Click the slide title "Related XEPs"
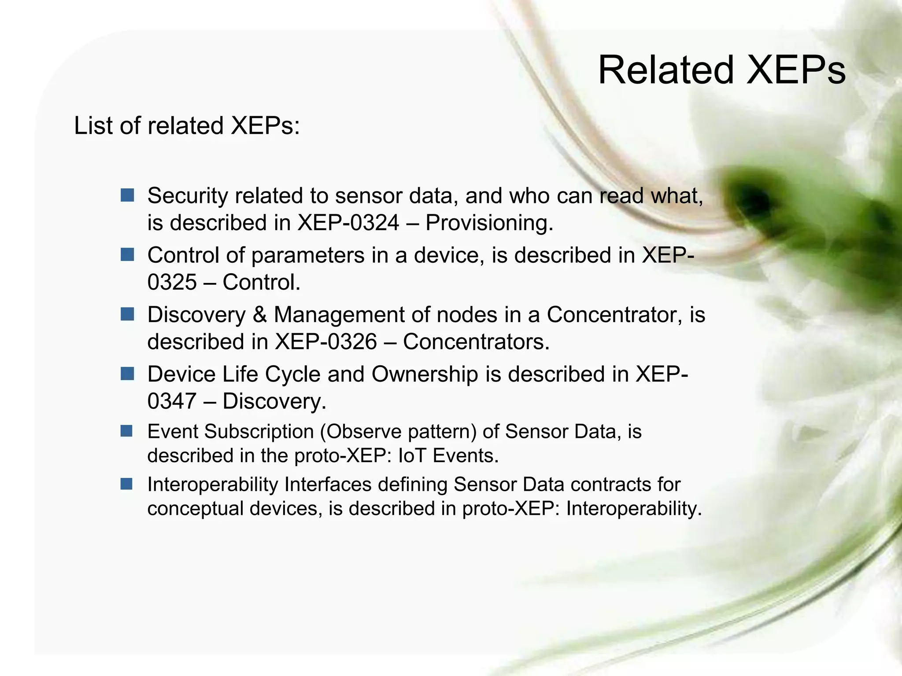721,70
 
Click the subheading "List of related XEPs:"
187,126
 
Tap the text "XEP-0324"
348,223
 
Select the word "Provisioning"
488,223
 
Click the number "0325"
172,282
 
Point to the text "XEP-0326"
326,342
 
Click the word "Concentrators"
476,342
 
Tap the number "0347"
172,401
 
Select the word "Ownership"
425,375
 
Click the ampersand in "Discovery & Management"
260,315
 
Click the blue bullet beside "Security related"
127,195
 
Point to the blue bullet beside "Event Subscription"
127,431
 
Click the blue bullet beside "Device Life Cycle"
127,374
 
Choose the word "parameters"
308,255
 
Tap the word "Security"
187,196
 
